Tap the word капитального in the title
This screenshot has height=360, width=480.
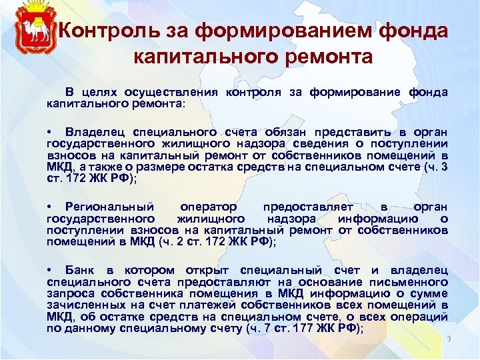coord(198,57)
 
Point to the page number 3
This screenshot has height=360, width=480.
coord(449,339)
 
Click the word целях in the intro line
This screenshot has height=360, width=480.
coord(102,91)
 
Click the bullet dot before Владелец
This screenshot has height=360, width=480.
coord(50,132)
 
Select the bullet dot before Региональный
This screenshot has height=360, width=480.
coord(50,207)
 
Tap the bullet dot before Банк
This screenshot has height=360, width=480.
coord(50,270)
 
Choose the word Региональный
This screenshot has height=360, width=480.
coord(109,207)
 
